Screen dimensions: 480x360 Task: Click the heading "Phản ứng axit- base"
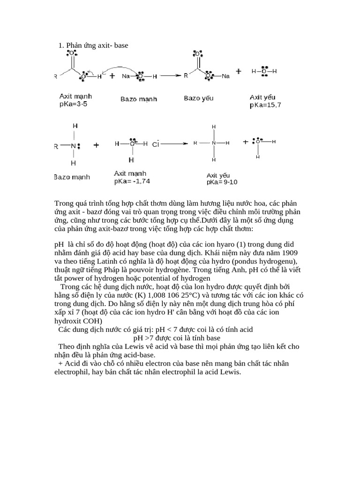tap(97, 45)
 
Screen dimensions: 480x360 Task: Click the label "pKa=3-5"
tap(74, 104)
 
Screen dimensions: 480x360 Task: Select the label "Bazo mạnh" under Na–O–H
tap(139, 99)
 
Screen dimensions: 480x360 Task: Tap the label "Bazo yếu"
tap(198, 98)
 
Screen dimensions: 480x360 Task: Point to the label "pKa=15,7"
tap(265, 105)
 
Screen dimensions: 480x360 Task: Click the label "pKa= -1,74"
tap(132, 181)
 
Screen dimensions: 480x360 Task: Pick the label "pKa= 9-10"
tap(222, 182)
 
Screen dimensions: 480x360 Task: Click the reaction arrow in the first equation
tap(171, 75)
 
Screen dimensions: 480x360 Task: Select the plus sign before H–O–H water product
tap(239, 71)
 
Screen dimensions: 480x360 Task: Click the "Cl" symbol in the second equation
tap(156, 144)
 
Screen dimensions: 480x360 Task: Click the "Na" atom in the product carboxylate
tap(225, 76)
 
